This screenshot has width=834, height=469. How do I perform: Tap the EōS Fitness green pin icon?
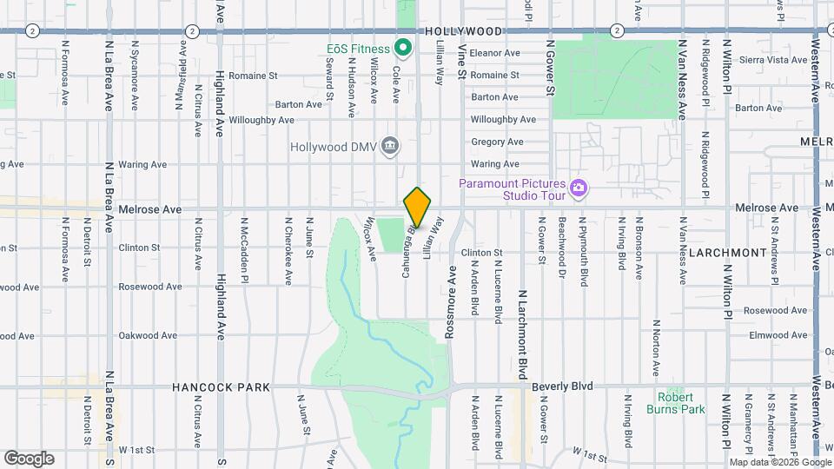pyautogui.click(x=403, y=47)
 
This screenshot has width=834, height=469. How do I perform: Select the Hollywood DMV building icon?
pyautogui.click(x=390, y=145)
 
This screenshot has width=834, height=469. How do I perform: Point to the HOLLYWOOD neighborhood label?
pyautogui.click(x=465, y=31)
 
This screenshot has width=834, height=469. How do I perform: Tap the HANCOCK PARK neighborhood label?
pyautogui.click(x=221, y=387)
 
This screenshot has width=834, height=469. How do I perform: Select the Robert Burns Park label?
pyautogui.click(x=675, y=402)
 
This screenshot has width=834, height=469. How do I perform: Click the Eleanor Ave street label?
pyautogui.click(x=494, y=53)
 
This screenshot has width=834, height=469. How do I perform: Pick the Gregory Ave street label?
pyautogui.click(x=497, y=142)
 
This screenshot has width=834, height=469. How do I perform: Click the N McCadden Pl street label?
pyautogui.click(x=245, y=261)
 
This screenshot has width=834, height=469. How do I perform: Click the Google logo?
pyautogui.click(x=29, y=458)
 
